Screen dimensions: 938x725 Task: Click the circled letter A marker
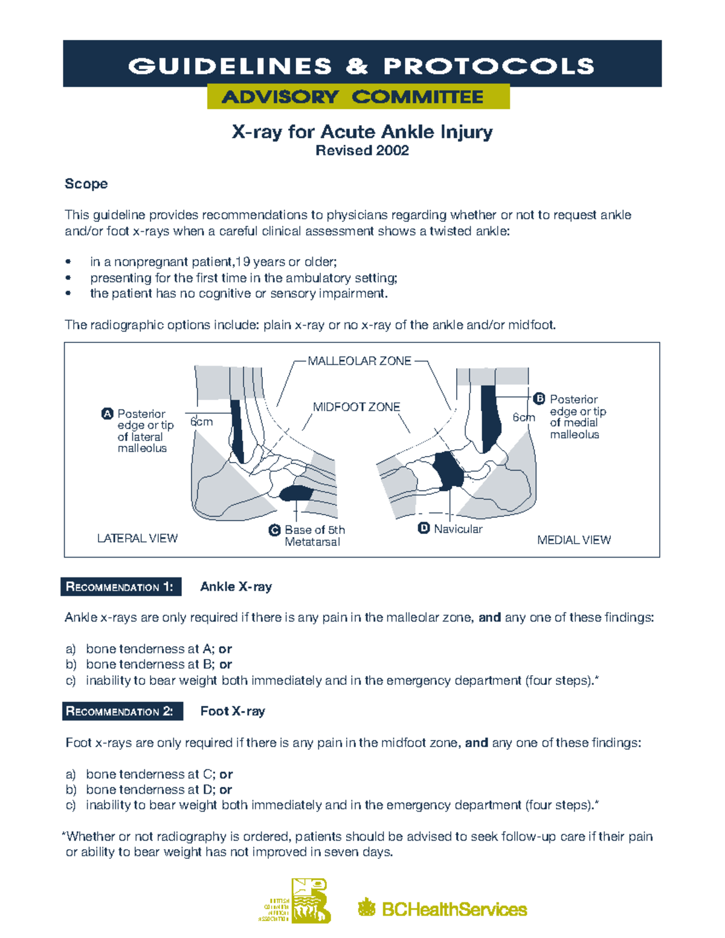107,414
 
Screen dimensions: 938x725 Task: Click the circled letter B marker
540,399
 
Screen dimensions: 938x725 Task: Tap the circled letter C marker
274,530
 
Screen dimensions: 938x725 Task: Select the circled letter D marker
424,528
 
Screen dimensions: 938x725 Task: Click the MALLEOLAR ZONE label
359,361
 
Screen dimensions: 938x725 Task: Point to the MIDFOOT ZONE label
356,407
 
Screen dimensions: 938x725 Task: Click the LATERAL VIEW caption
137,538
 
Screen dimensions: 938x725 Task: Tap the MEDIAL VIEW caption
573,540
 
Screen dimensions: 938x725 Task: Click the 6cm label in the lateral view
202,422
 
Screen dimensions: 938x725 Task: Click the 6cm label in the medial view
523,417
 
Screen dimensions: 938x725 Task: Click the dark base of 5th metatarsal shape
296,493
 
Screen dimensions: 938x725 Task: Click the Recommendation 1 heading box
121,587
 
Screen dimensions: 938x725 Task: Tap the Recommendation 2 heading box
121,712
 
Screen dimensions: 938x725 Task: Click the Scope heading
86,184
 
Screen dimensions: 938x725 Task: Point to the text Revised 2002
362,151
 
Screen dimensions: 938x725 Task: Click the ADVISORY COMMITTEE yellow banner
358,97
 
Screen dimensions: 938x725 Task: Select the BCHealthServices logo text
454,909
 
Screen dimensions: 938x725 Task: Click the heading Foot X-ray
233,712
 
